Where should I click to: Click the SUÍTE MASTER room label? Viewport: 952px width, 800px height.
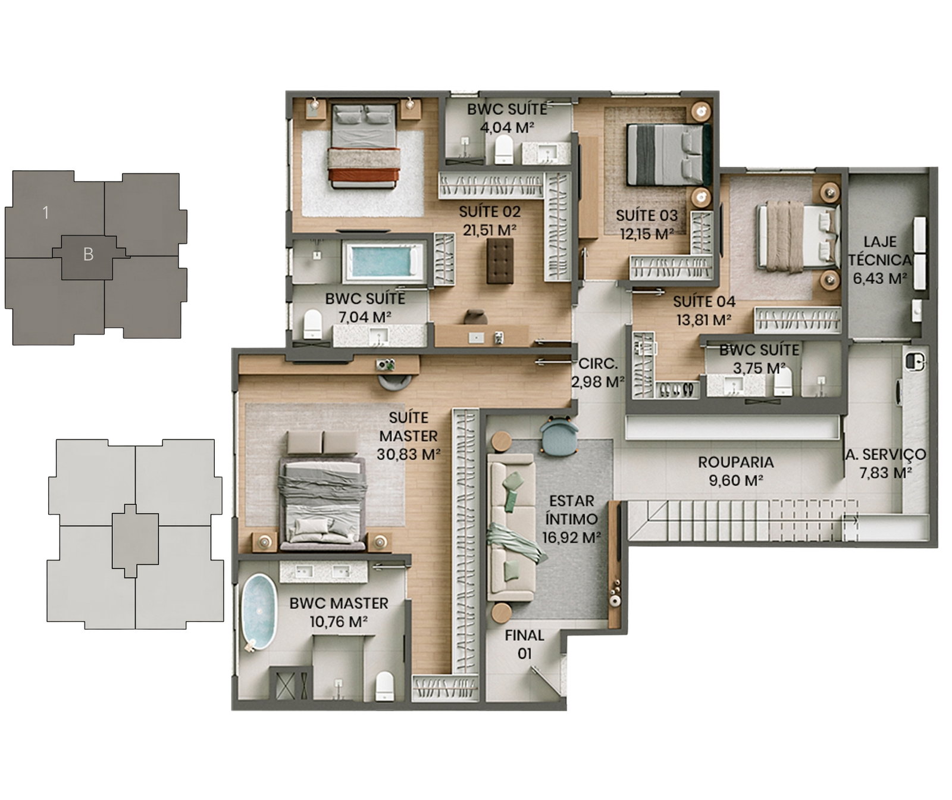[409, 427]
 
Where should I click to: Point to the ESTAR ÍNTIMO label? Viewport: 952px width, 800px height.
[571, 510]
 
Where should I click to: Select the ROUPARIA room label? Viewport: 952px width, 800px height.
[735, 462]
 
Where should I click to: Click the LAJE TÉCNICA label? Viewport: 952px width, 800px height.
[879, 251]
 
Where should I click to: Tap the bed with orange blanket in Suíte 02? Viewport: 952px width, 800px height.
[363, 145]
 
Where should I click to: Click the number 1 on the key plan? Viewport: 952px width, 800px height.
[45, 212]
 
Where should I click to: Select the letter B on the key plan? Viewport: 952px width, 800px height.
[88, 254]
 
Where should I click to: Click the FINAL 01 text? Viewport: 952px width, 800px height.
[524, 644]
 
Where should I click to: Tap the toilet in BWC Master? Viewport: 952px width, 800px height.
[385, 686]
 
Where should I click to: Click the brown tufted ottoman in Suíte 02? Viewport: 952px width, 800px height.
[500, 260]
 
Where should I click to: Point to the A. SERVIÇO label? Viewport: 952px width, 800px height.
[885, 454]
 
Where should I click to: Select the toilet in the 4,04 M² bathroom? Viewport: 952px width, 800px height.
[503, 149]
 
